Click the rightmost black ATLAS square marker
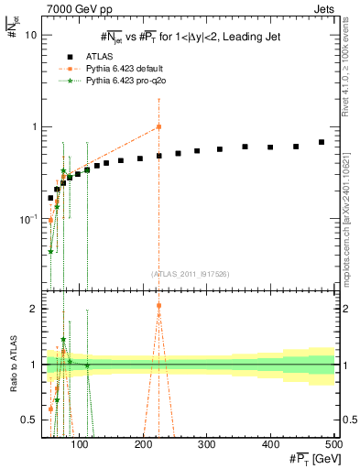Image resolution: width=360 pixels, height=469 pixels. pos(322,142)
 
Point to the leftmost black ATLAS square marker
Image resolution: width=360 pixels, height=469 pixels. pos(50,198)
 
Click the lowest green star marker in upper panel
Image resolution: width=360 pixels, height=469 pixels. pos(50,251)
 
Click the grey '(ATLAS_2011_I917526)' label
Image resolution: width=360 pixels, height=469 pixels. pos(191,273)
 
